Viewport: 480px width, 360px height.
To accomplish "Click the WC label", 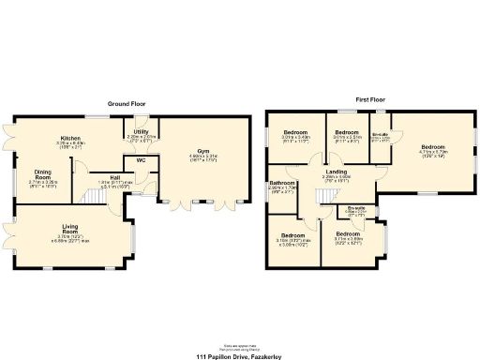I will click(140, 160).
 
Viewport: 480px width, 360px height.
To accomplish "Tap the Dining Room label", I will click(43, 173).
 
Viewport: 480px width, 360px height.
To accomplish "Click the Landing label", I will click(337, 172).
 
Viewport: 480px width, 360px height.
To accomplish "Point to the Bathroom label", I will click(282, 182).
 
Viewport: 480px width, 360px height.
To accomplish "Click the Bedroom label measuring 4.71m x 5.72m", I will click(432, 146).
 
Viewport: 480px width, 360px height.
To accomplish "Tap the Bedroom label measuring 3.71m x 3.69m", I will click(352, 234).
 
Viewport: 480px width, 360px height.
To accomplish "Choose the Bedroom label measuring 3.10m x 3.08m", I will click(292, 234).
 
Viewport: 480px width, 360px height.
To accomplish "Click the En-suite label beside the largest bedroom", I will click(381, 135).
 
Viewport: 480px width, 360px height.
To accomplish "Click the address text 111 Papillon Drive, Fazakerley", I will click(240, 356).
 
